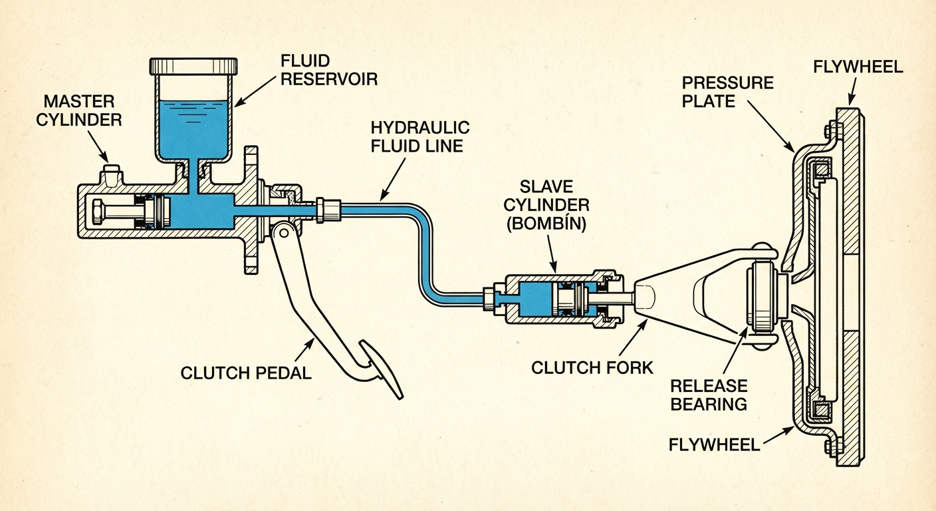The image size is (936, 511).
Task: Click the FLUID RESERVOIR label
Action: [328, 69]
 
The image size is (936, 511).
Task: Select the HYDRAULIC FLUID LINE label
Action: [420, 136]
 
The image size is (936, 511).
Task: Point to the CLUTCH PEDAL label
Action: [246, 373]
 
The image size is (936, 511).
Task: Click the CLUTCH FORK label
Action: [592, 367]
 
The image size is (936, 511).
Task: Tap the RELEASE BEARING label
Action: [709, 395]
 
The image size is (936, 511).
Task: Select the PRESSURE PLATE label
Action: [728, 92]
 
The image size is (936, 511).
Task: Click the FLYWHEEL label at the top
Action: [858, 67]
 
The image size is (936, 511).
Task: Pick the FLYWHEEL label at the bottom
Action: [715, 444]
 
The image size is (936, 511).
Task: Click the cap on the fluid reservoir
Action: [194, 67]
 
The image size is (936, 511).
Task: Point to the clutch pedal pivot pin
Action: [282, 231]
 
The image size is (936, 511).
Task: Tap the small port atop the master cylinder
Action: [110, 176]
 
